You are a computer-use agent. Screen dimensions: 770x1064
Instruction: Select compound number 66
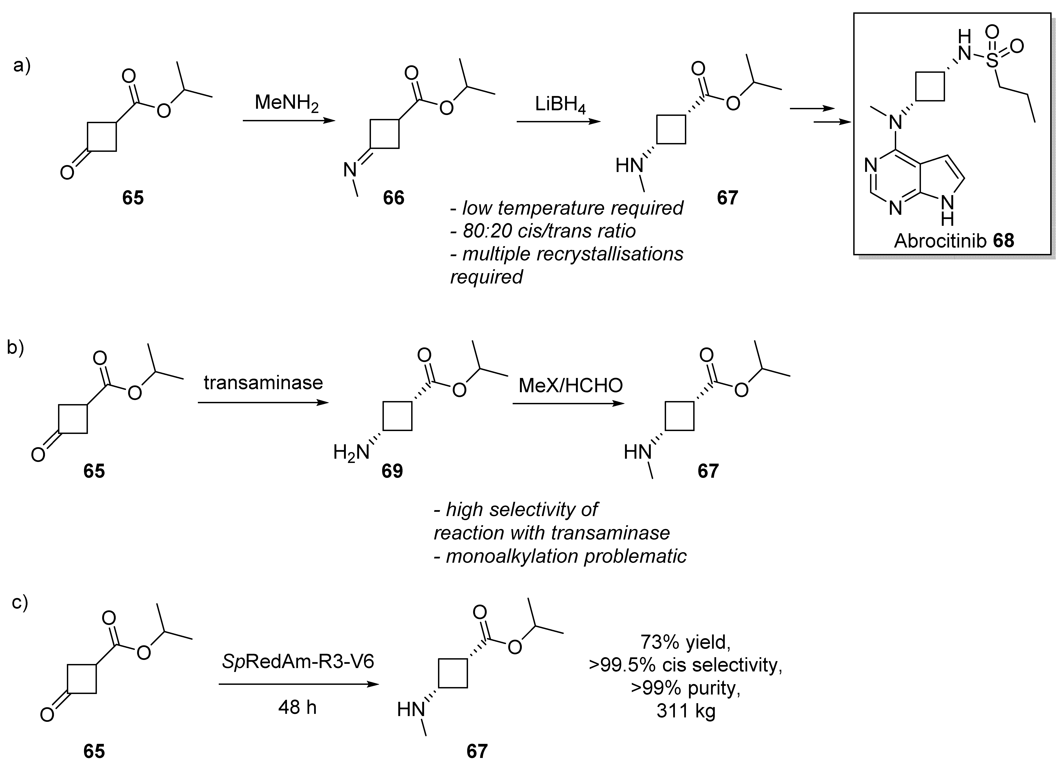pyautogui.click(x=393, y=198)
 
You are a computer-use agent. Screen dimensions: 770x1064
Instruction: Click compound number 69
pyautogui.click(x=392, y=471)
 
